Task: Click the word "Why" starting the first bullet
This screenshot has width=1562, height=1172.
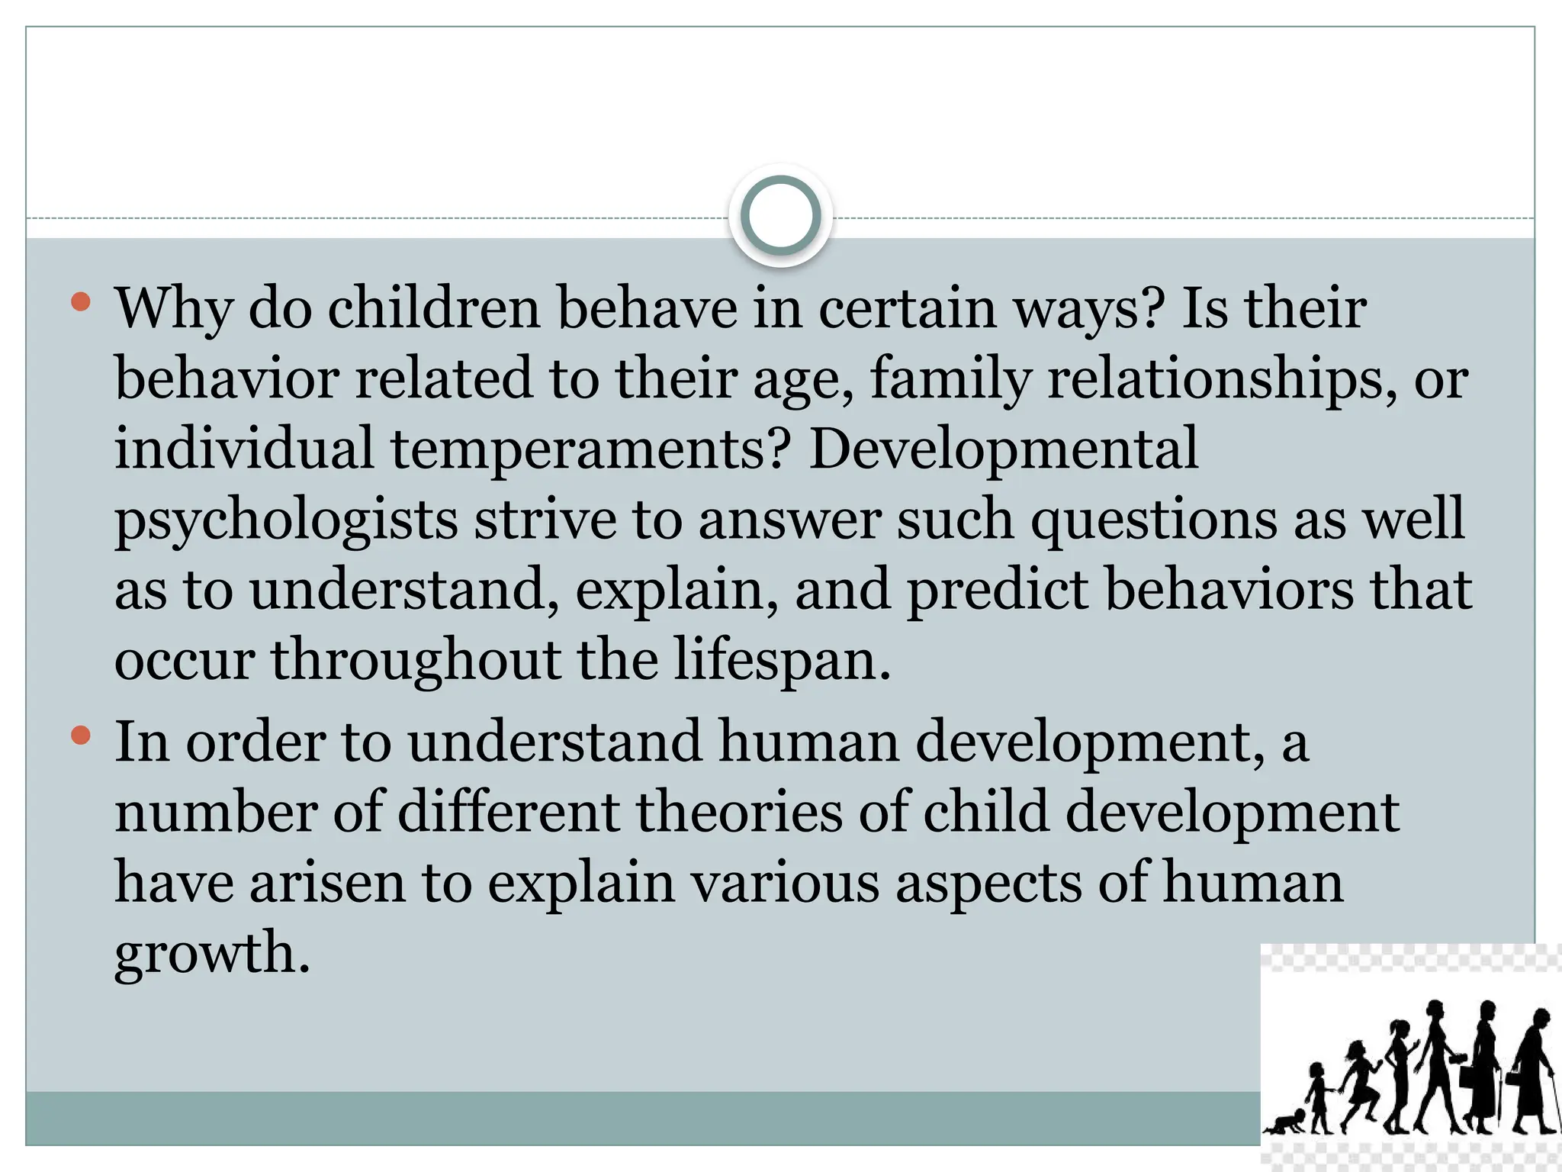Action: click(174, 309)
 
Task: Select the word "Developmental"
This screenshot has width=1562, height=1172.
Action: click(1003, 449)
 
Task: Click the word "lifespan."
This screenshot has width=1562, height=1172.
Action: click(782, 660)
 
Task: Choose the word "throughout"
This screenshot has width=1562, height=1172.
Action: click(416, 660)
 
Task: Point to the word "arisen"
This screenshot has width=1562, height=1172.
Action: click(327, 883)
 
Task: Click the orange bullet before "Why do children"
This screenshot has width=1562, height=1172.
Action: click(80, 302)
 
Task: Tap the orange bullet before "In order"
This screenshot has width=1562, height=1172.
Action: click(80, 736)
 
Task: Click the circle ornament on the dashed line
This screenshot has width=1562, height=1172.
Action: click(780, 216)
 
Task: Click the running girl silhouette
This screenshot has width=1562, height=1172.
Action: click(1359, 1083)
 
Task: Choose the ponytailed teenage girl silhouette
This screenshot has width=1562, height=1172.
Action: click(1400, 1072)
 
